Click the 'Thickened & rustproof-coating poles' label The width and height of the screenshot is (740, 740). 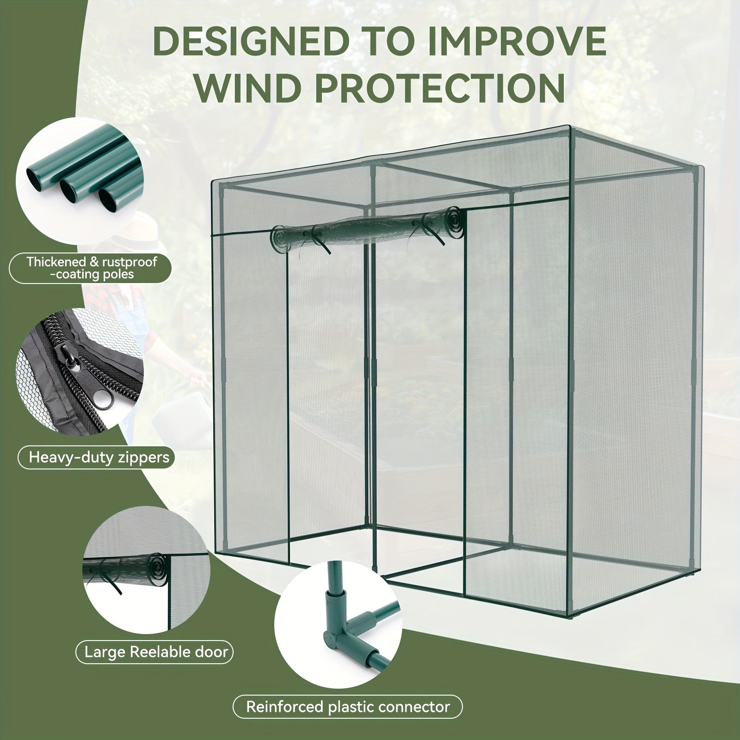pos(92,268)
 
